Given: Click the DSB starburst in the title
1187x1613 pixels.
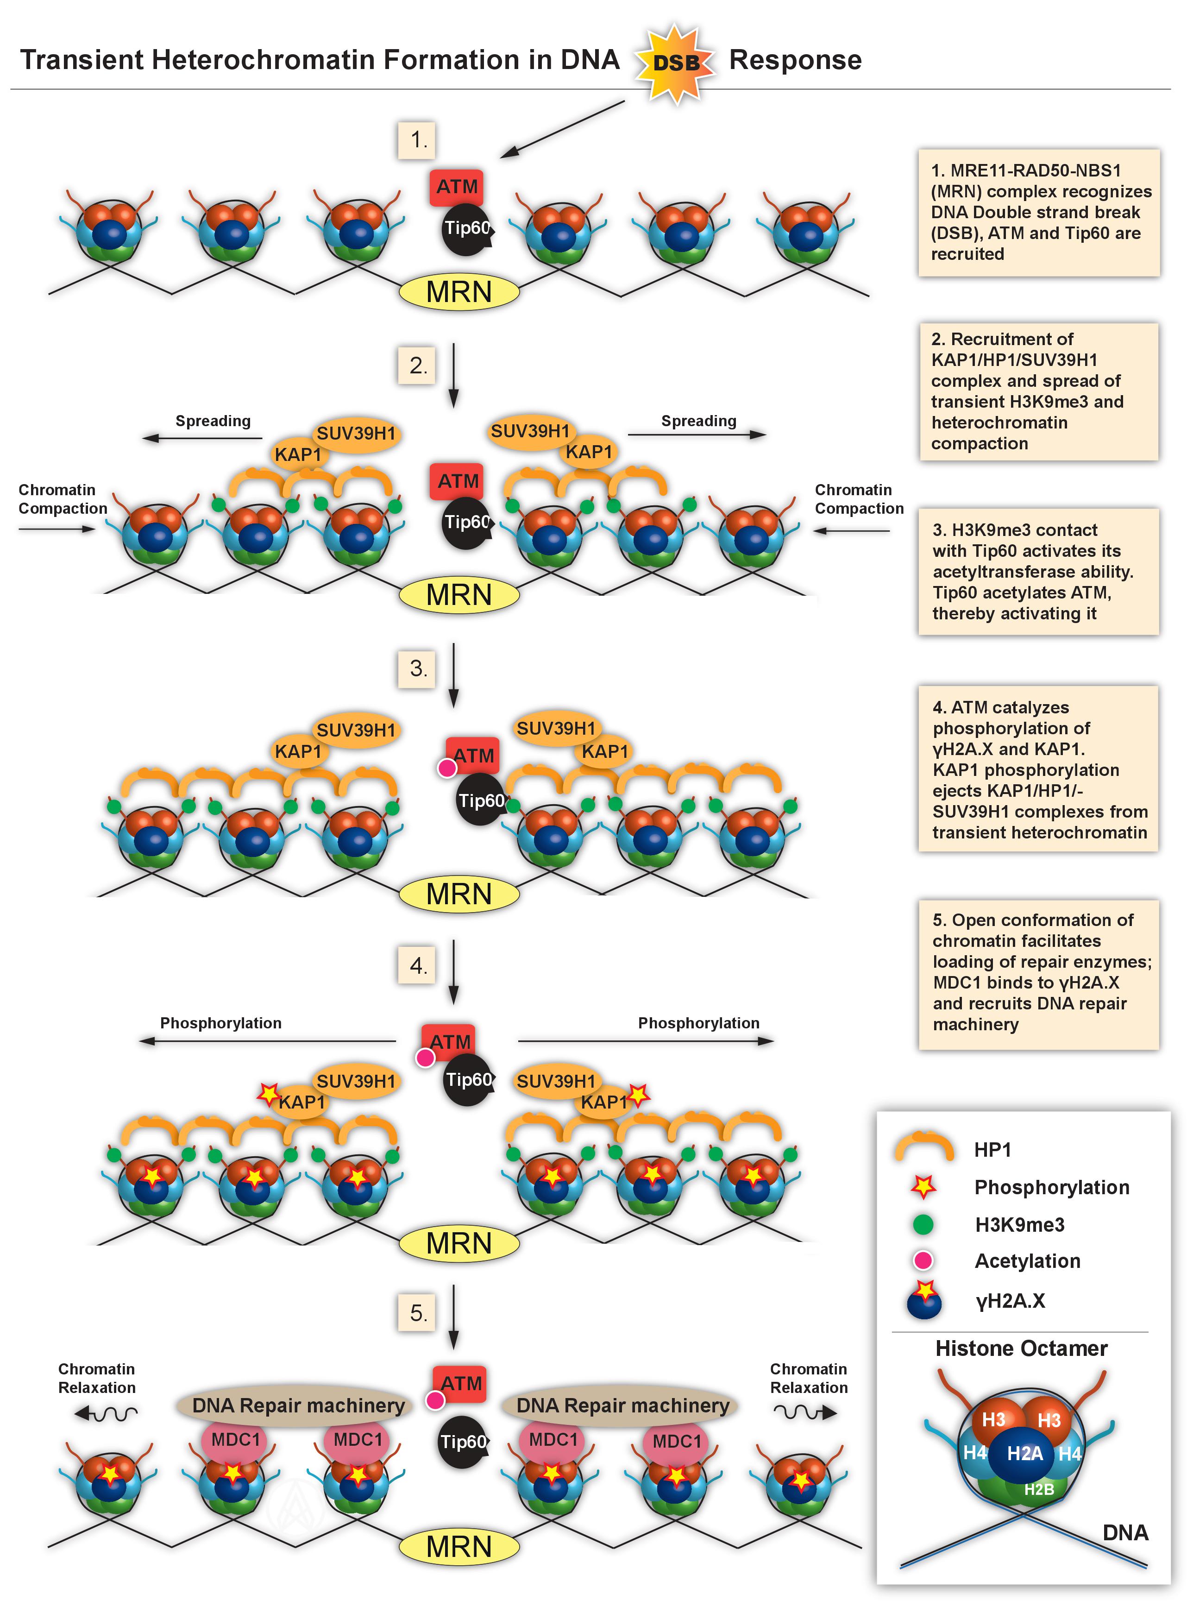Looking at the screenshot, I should [675, 63].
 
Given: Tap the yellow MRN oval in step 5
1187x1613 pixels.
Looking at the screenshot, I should [458, 1547].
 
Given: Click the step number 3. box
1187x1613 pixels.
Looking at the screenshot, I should [417, 668].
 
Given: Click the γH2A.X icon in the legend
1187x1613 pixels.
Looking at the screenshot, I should [924, 1300].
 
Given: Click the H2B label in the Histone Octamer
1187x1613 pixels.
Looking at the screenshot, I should [1038, 1489].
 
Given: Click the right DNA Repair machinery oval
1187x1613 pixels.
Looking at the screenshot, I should [622, 1405].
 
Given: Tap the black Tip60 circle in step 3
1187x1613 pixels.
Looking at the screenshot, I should [480, 800].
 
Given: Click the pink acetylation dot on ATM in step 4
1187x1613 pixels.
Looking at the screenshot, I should [425, 1058].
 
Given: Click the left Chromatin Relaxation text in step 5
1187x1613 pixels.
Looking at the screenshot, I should [97, 1378].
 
